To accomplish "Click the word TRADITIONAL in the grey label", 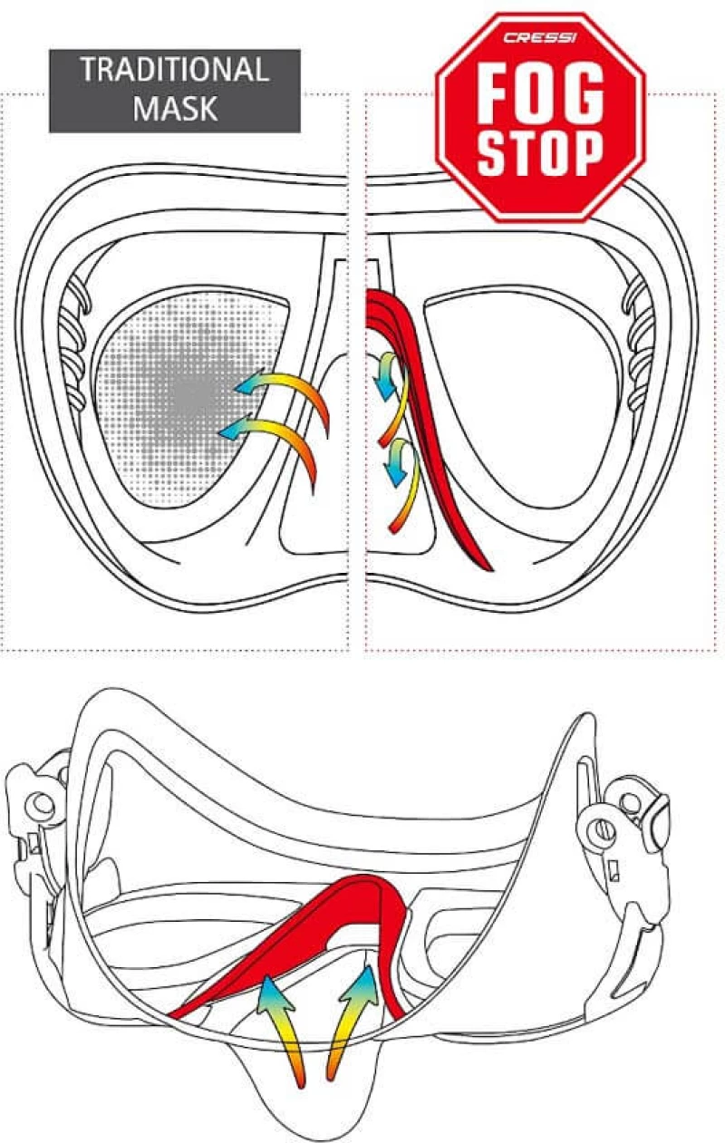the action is (x=175, y=70).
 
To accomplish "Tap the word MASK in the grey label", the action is (x=175, y=108).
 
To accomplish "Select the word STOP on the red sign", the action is (x=540, y=152).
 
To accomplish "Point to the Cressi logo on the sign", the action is (x=540, y=38).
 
